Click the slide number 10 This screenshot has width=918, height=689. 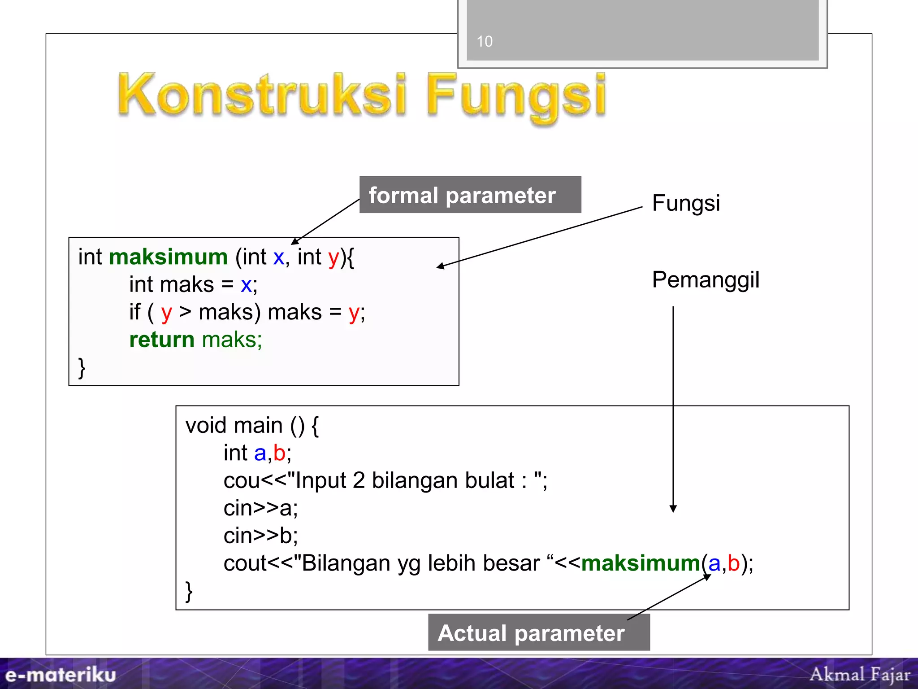485,41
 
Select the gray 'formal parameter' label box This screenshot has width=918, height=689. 470,195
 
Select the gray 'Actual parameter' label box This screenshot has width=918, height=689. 538,632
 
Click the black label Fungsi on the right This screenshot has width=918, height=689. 686,203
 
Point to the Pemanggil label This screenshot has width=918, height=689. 706,280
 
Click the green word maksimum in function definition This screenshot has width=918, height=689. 168,257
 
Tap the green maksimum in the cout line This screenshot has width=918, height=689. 641,563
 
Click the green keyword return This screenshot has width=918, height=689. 161,340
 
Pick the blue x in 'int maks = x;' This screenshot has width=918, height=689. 246,285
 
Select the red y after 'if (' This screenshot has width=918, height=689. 166,313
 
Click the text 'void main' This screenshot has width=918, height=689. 234,425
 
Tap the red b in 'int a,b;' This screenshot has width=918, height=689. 279,453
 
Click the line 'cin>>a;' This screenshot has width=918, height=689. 260,508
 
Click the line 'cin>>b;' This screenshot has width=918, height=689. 260,536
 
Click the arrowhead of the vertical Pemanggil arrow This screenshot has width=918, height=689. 673,509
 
